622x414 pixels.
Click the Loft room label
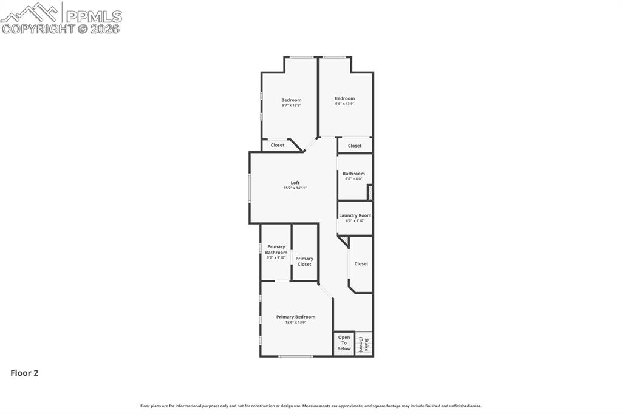295,183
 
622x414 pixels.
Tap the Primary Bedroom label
296,317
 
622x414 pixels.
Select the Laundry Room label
355,215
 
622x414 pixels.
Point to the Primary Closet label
304,262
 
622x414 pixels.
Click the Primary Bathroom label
276,249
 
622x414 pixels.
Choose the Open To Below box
344,343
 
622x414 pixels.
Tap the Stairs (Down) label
363,344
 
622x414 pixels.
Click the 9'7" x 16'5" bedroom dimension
291,106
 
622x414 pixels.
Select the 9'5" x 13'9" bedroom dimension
344,104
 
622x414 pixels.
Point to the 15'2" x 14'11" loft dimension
295,188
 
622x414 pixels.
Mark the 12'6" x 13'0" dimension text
296,322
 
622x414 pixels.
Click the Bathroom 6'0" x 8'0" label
354,176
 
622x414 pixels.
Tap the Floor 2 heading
24,373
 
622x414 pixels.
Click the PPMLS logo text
93,16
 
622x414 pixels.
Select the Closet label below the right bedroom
355,146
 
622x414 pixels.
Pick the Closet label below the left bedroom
278,145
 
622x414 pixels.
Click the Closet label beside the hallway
361,264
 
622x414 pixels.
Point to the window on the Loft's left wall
249,188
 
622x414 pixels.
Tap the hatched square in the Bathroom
370,192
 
